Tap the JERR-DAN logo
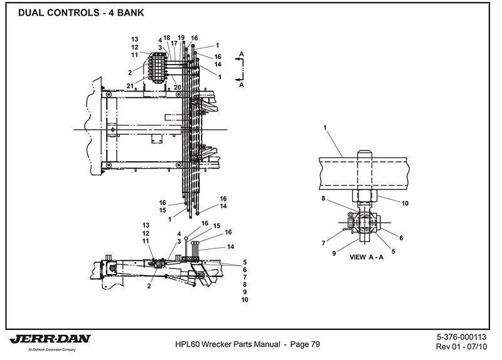coord(51,340)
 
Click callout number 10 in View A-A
coord(405,203)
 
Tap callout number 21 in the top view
coord(129,85)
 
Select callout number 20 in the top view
coord(178,87)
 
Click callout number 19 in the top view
coord(181,38)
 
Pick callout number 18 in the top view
coord(167,38)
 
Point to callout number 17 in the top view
coord(174,43)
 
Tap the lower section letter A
coord(242,84)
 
